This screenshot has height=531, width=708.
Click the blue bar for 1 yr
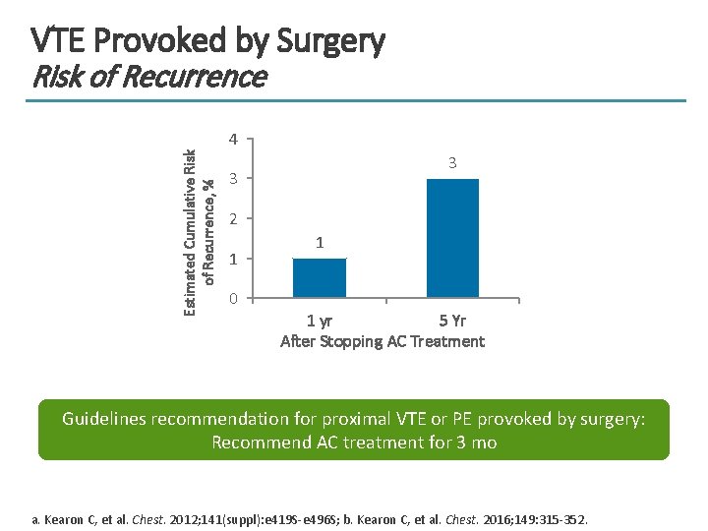click(x=320, y=277)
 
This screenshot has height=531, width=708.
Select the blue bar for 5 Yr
click(x=452, y=238)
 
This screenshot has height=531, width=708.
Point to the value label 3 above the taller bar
click(x=452, y=163)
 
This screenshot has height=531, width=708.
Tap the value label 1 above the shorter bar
click(x=320, y=243)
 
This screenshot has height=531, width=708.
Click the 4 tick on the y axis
click(x=232, y=139)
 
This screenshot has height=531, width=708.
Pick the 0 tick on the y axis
click(x=232, y=298)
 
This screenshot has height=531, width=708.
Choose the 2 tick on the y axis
click(x=232, y=218)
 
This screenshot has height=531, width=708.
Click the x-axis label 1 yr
click(x=319, y=320)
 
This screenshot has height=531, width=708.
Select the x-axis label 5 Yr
click(x=452, y=320)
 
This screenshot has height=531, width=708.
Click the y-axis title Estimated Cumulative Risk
click(x=191, y=232)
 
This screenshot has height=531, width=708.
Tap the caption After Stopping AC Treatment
click(x=383, y=341)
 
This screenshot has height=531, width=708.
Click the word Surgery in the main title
click(x=331, y=41)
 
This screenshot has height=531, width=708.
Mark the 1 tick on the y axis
click(x=232, y=259)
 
